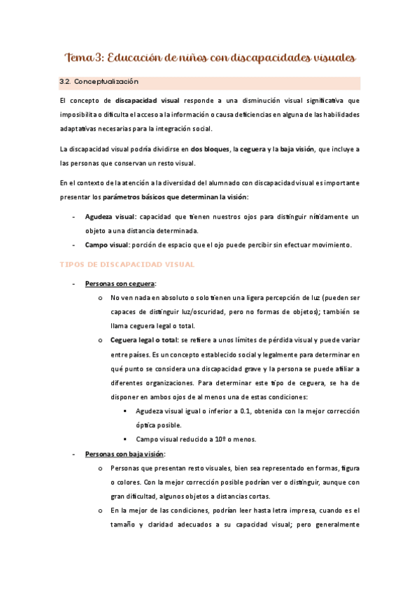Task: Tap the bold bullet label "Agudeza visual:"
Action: pos(111,217)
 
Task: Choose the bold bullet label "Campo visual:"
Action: pos(107,245)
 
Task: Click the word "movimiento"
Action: pos(329,245)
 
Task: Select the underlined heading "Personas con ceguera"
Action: pos(120,284)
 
